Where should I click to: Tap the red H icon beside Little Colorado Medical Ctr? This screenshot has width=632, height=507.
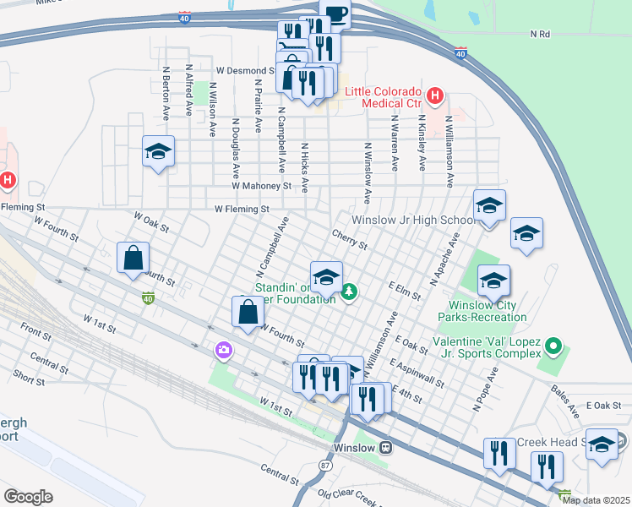(434, 96)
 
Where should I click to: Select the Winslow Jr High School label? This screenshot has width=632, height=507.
(413, 220)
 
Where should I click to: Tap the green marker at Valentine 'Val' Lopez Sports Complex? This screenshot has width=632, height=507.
(553, 346)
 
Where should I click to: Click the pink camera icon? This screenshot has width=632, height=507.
(223, 349)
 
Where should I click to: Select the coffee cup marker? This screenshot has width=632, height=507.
(335, 13)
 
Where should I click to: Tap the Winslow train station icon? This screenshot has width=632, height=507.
(385, 447)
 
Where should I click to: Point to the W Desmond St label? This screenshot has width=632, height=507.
(245, 71)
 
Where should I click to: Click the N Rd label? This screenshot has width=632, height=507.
(540, 34)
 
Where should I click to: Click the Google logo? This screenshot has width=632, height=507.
(28, 496)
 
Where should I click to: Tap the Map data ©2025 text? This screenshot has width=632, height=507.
(597, 500)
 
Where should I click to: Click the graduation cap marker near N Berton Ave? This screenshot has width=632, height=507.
(158, 152)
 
